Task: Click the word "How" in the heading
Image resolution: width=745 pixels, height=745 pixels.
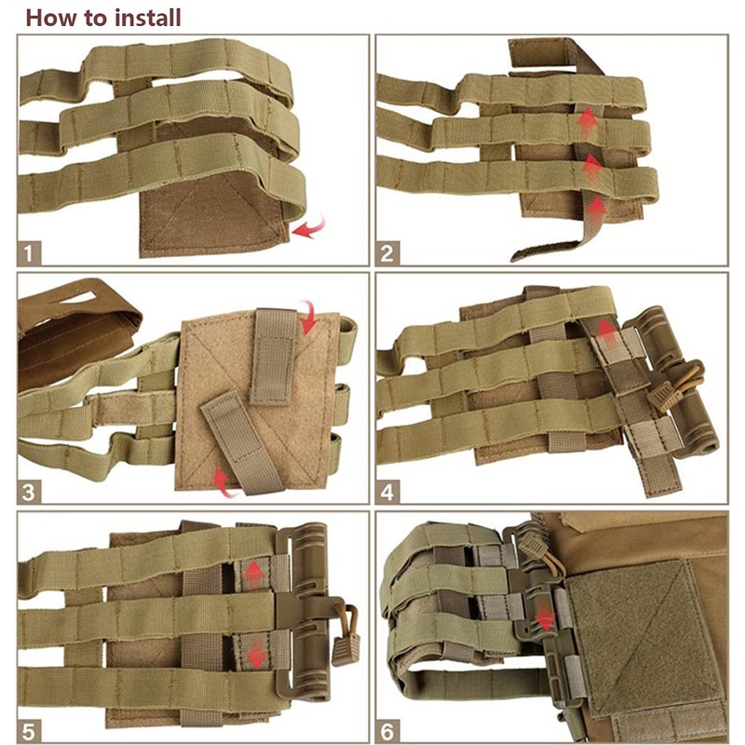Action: [x=48, y=17]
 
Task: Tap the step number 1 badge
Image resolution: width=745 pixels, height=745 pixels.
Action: [x=32, y=252]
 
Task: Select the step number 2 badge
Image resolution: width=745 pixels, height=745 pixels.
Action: [x=390, y=252]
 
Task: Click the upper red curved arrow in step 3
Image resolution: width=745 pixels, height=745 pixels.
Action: [x=307, y=318]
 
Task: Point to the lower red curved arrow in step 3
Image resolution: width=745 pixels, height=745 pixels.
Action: [x=223, y=481]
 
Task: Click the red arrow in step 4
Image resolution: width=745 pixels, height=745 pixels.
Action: [x=606, y=328]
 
